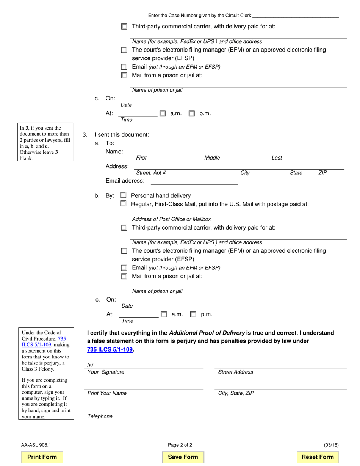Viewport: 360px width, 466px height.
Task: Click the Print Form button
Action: [42, 457]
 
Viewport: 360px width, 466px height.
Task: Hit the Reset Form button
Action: [318, 457]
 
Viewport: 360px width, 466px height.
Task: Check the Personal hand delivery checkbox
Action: [123, 195]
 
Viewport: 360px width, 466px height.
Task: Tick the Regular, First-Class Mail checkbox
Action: [123, 204]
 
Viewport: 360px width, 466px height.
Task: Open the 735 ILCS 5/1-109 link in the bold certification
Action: [110, 350]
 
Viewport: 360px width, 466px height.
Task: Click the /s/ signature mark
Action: [90, 365]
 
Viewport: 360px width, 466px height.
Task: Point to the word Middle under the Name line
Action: [212, 158]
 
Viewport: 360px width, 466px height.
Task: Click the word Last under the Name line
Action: [277, 158]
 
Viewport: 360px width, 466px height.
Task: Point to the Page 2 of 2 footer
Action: [180, 445]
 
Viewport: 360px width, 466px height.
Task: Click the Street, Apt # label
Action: [151, 173]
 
